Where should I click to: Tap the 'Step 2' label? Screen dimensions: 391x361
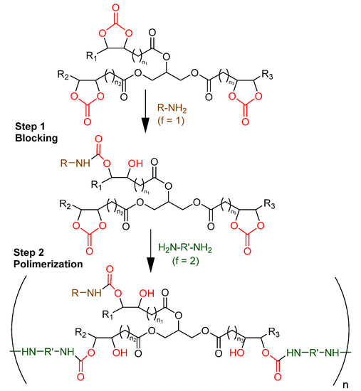coord(31,251)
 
